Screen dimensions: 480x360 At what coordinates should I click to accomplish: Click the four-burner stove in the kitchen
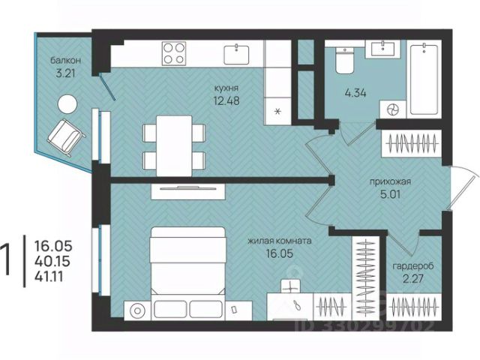(174, 53)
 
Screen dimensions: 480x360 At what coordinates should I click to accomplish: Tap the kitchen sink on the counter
(236, 55)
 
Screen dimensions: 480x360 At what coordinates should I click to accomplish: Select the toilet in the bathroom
(345, 60)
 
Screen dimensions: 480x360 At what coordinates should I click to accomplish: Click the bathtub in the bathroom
(424, 79)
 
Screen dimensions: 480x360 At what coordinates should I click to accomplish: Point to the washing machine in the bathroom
(393, 109)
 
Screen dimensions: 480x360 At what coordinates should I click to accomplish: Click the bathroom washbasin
(382, 49)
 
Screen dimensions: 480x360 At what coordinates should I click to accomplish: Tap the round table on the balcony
(67, 104)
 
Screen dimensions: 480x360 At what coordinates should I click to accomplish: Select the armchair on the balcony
(66, 136)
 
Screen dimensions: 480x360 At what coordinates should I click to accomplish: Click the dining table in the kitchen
(174, 145)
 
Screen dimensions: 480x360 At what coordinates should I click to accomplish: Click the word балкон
(66, 60)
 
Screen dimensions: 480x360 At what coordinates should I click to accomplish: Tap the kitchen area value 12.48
(226, 100)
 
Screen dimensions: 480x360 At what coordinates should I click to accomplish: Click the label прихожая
(390, 181)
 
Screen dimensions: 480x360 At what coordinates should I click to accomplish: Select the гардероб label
(413, 266)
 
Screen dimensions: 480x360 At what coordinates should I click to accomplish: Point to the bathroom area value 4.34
(355, 93)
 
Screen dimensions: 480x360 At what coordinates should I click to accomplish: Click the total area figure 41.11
(49, 277)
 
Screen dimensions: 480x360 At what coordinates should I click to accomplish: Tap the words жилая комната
(280, 241)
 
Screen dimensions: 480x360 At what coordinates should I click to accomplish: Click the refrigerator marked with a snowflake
(277, 111)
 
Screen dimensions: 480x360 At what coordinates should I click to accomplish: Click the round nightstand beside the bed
(137, 310)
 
